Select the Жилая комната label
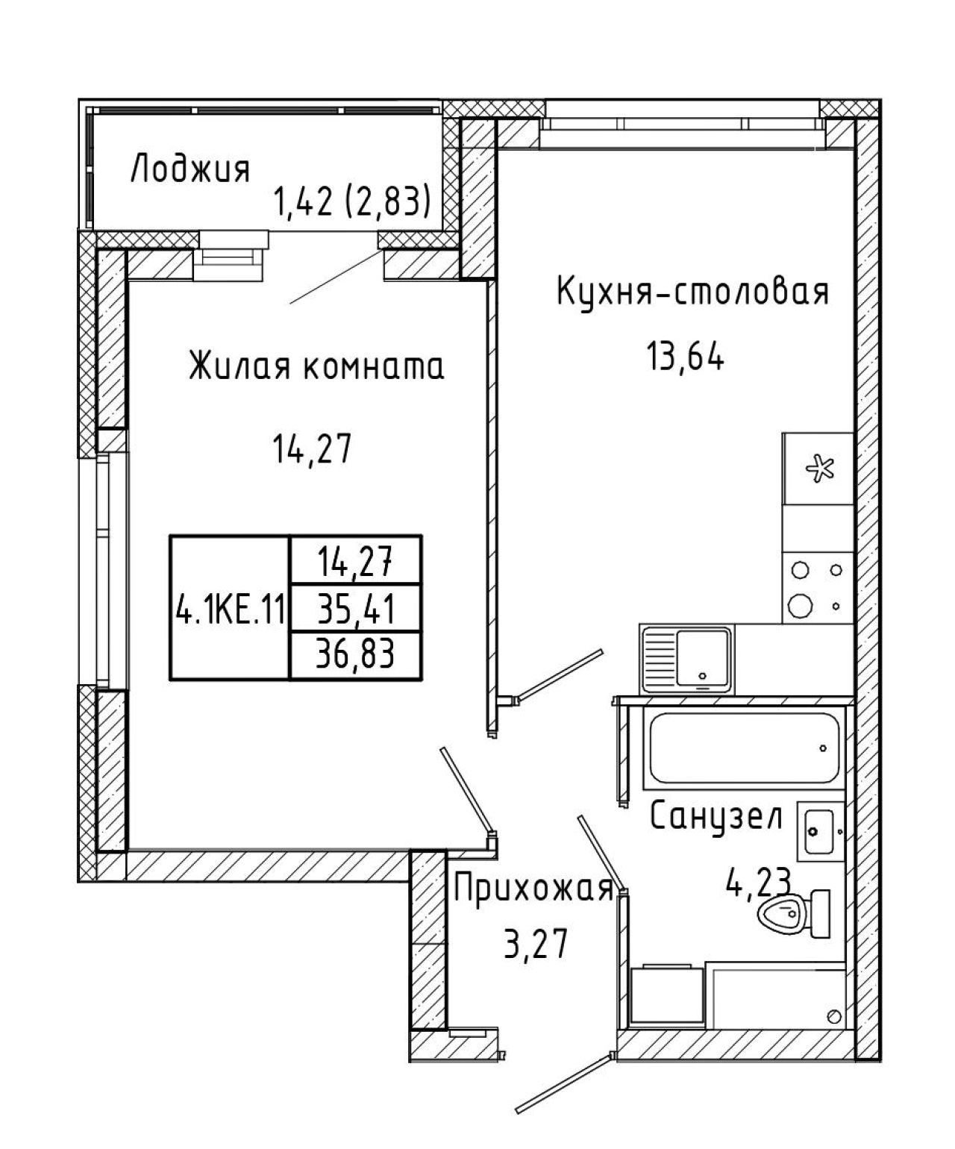click(316, 366)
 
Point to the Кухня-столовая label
click(692, 292)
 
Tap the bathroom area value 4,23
click(759, 882)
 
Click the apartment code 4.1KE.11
click(230, 610)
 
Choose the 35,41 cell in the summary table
click(356, 609)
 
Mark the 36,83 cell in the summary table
click(356, 654)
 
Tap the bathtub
click(745, 748)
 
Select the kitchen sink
click(686, 659)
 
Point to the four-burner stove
click(818, 588)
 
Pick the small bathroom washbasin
click(820, 831)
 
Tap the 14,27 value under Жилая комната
click(312, 448)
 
